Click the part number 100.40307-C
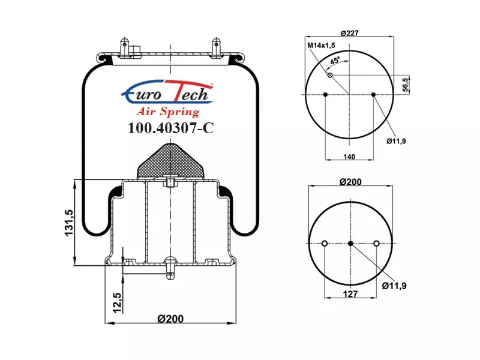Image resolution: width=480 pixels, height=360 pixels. click(x=170, y=128)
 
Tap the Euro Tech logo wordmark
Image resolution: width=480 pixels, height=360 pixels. click(x=167, y=92)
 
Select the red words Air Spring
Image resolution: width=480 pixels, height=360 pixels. click(x=168, y=112)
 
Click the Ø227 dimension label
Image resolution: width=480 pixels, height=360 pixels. click(x=349, y=33)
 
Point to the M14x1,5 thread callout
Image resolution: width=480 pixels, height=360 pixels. click(x=321, y=46)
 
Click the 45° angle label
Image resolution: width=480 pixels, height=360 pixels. click(x=335, y=61)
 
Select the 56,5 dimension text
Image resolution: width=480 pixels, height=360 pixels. click(x=405, y=85)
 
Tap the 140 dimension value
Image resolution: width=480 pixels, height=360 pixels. click(x=349, y=157)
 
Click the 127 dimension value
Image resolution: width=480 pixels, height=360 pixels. click(x=350, y=294)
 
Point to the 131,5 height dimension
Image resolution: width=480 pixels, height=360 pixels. click(x=69, y=223)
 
